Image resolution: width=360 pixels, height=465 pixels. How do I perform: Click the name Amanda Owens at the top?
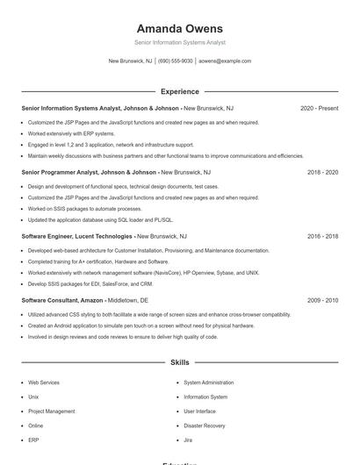click(x=179, y=28)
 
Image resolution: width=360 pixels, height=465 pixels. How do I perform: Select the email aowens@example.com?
click(x=225, y=61)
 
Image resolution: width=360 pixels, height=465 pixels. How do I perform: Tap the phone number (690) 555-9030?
click(x=176, y=61)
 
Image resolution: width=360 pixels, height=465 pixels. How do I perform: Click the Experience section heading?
click(x=179, y=91)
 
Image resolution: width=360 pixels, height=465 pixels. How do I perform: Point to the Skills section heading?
click(x=179, y=362)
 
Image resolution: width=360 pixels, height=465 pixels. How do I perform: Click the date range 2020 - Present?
click(x=319, y=108)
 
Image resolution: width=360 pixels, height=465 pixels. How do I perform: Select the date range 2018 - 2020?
click(x=322, y=173)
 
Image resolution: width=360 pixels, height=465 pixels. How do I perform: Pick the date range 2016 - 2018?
click(x=322, y=237)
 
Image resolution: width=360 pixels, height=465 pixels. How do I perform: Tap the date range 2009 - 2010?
click(x=322, y=300)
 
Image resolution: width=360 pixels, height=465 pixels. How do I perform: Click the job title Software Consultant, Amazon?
click(x=62, y=300)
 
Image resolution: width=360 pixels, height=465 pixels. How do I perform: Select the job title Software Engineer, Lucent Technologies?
click(x=76, y=237)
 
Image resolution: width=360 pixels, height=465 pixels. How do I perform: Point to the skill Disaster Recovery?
click(x=204, y=426)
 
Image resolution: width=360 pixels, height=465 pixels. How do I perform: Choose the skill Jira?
click(x=188, y=440)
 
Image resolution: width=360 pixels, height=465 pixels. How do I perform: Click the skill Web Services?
click(x=44, y=383)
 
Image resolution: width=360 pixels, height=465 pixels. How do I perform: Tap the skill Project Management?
click(x=51, y=411)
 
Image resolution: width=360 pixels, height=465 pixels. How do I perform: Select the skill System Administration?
click(x=209, y=383)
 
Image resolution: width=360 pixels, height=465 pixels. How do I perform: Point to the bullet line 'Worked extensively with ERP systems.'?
click(x=71, y=133)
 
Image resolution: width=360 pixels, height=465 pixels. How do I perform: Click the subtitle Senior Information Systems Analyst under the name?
click(x=179, y=42)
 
